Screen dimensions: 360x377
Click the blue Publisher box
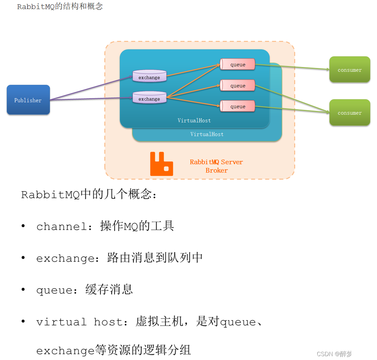tap(28, 100)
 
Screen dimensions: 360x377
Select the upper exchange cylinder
tap(149, 76)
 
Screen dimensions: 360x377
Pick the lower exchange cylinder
tap(149, 98)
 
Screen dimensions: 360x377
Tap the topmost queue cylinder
tap(238, 64)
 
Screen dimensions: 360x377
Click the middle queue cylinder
tap(238, 86)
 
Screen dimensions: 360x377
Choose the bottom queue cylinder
tap(238, 106)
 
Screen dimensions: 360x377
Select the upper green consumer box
tap(350, 69)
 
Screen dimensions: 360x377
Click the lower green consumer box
tap(350, 113)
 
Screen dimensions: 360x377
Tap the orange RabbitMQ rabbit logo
tap(162, 164)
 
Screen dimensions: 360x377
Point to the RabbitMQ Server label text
tap(216, 162)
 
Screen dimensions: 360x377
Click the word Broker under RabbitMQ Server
tap(216, 171)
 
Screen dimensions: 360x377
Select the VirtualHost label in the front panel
tap(194, 120)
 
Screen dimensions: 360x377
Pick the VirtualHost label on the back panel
tap(207, 134)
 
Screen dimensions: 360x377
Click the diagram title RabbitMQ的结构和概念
tap(60, 6)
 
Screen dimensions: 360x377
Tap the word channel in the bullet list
tap(61, 226)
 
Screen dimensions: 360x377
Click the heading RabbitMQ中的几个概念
tap(89, 195)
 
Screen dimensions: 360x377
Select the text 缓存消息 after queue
tap(109, 290)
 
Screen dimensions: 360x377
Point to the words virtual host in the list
tap(80, 322)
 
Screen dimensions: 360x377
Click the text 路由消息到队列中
tap(155, 258)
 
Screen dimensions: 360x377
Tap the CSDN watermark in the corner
tap(344, 354)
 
